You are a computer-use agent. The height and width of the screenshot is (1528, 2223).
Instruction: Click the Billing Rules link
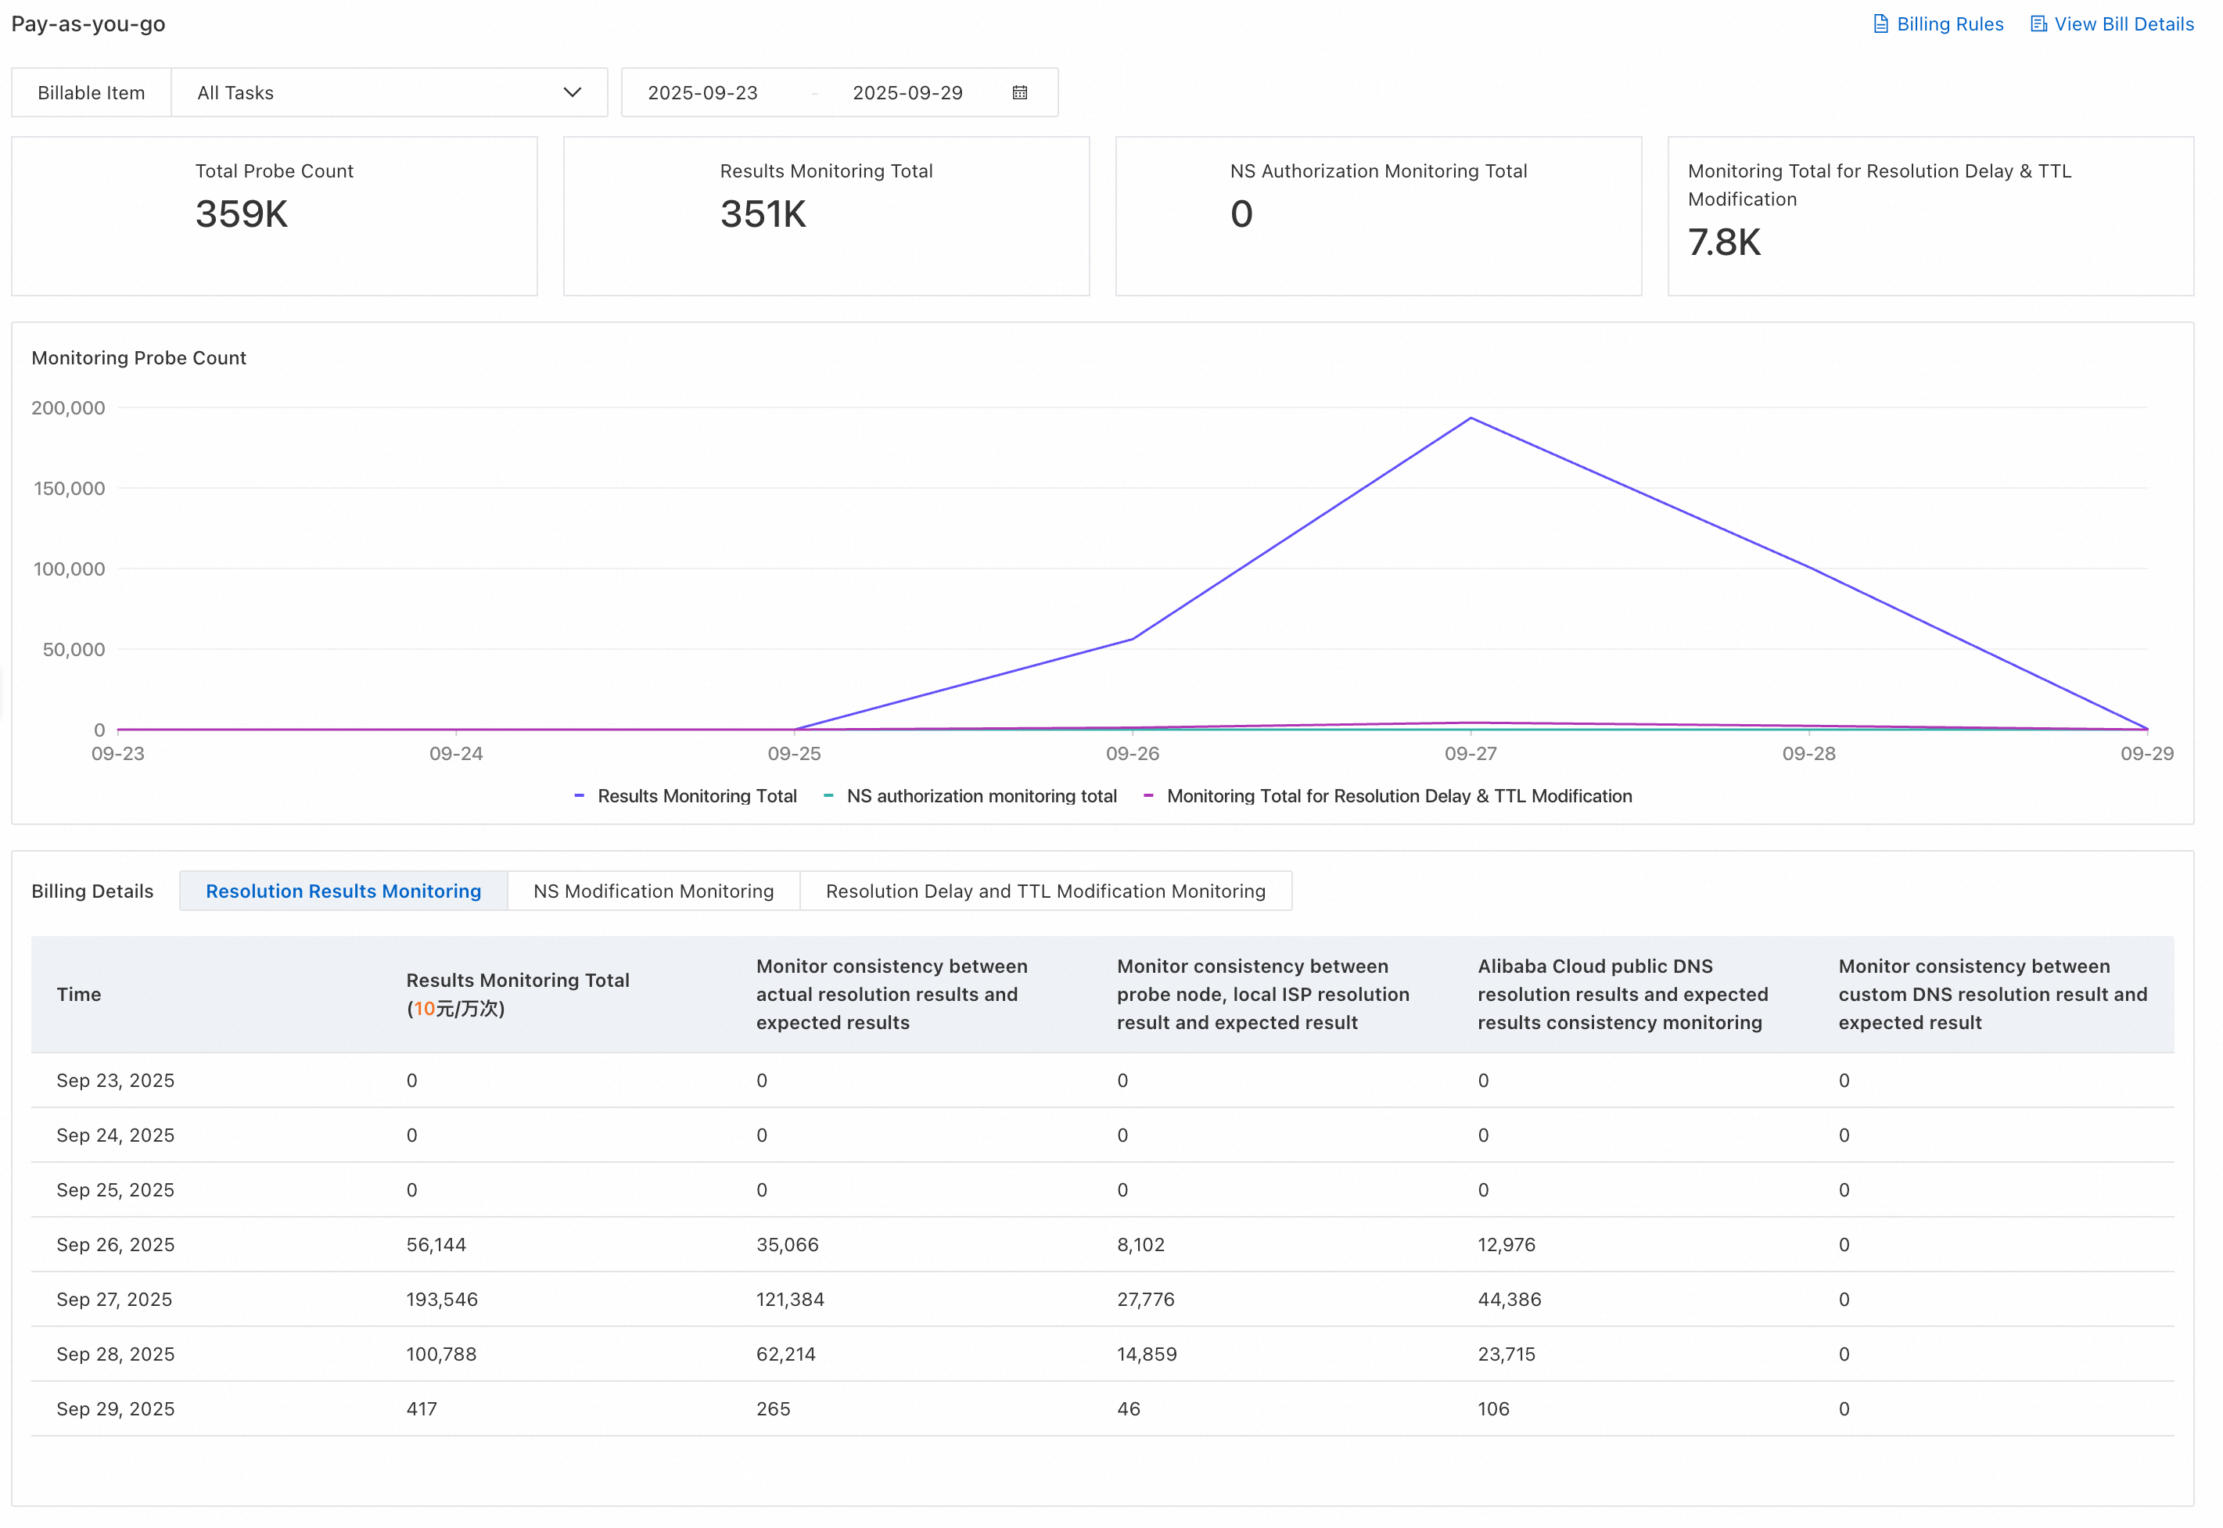point(1938,24)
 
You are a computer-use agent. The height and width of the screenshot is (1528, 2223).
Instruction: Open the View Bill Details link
point(2112,24)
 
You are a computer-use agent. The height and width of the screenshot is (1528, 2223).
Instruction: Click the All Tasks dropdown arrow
point(573,93)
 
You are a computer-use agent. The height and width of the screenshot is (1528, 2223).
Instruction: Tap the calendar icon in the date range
point(1021,93)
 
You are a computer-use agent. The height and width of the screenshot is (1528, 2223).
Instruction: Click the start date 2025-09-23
point(702,93)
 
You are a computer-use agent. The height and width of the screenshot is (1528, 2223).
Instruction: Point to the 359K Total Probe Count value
point(241,214)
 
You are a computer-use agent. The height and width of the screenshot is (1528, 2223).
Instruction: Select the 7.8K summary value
point(1724,242)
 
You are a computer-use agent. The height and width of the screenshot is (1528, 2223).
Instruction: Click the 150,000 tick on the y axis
point(69,488)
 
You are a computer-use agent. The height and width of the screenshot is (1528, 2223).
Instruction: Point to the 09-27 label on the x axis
point(1471,754)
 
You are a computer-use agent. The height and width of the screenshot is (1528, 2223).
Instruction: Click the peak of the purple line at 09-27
point(1471,418)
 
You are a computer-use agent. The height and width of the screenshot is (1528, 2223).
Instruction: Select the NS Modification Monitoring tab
point(654,891)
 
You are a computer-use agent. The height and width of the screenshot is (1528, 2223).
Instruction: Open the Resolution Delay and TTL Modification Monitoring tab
point(1046,891)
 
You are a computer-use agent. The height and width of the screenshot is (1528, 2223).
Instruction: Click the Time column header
point(78,995)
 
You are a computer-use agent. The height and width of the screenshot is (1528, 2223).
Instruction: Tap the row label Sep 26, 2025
point(115,1246)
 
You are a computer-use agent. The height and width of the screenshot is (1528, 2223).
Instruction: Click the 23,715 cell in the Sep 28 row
point(1506,1354)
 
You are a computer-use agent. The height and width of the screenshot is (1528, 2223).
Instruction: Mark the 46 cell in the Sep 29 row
point(1129,1409)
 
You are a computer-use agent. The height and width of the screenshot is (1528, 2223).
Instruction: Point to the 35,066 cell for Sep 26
point(787,1246)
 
